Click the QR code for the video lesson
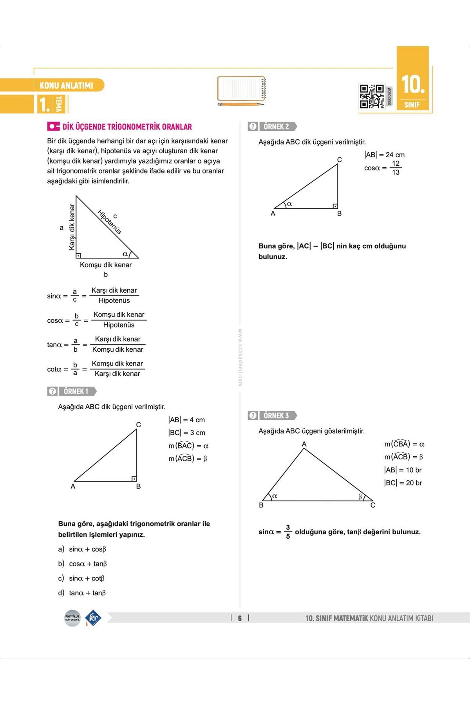pos(372,96)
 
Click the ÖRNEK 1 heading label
pos(76,391)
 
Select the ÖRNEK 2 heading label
pos(276,127)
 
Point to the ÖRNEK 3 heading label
pos(276,416)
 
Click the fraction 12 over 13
pos(396,168)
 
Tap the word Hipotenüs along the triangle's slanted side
pos(109,222)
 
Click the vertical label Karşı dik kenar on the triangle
pos(72,227)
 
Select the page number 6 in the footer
pos(240,618)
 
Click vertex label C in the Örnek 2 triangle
pos(340,160)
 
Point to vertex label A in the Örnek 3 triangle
pos(304,444)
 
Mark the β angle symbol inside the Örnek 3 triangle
pos(360,497)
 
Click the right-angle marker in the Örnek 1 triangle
pos(134,479)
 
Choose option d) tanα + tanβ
pos(82,593)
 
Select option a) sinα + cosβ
pos(82,549)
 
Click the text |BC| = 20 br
pos(403,483)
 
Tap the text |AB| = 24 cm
pos(384,155)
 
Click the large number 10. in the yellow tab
pos(413,85)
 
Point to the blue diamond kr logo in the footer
pos(93,618)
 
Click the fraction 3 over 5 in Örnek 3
pos(288,532)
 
